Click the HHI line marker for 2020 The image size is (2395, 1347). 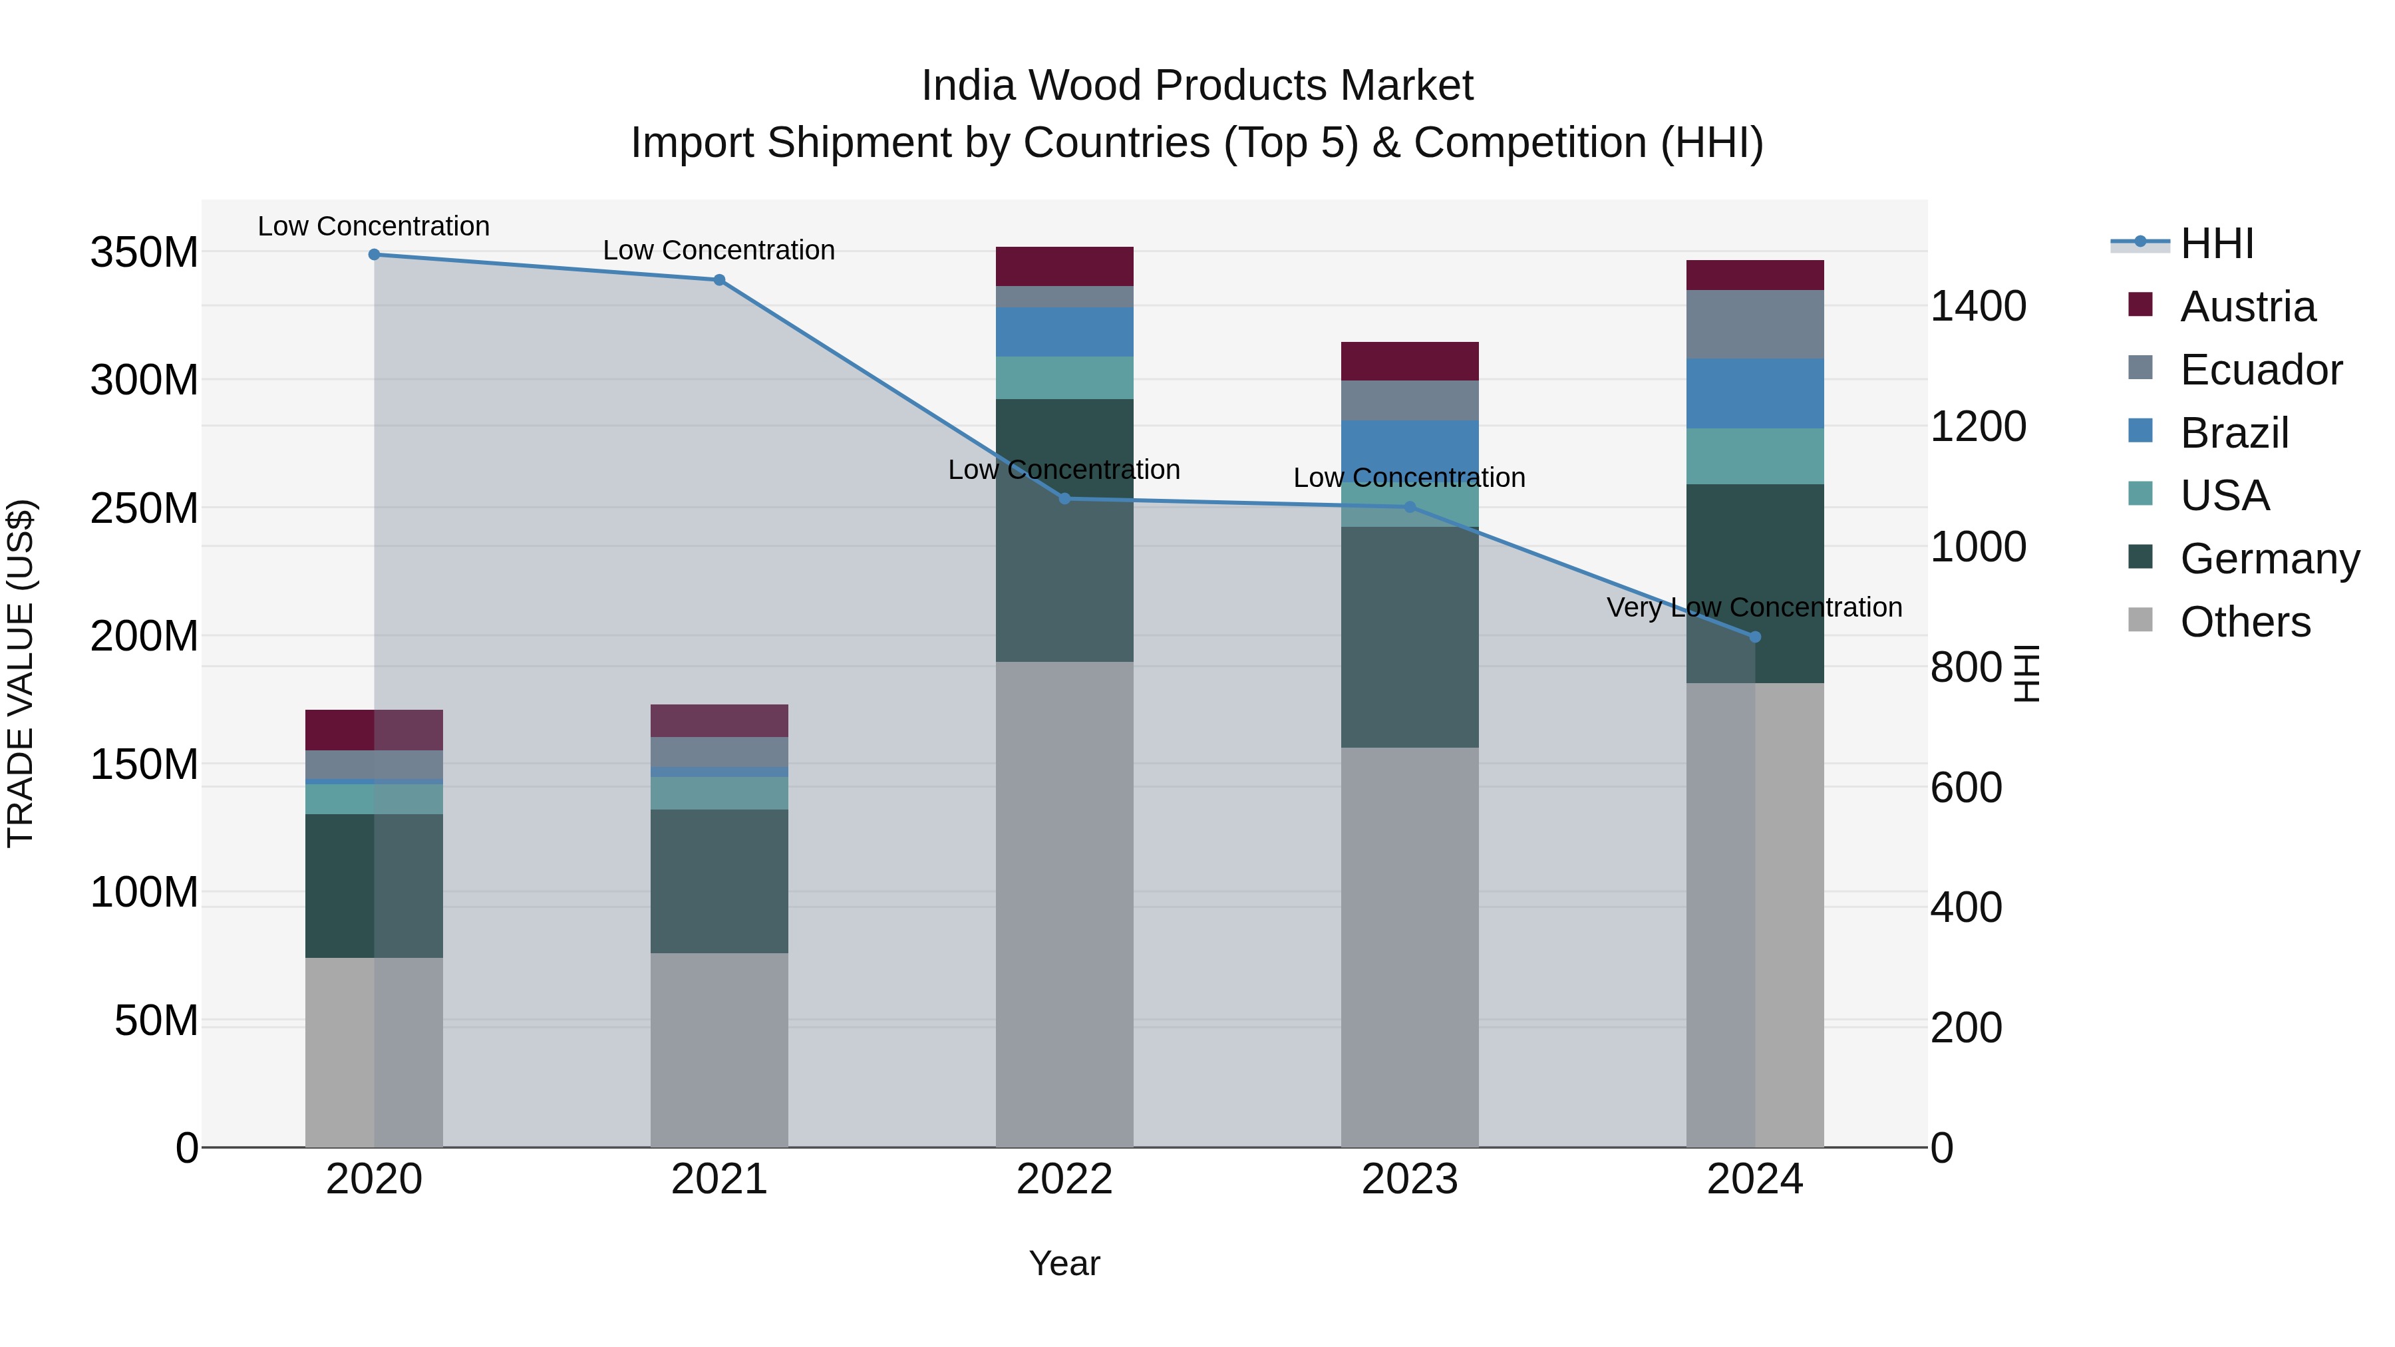374,255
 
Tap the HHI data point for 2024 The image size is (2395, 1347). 1754,637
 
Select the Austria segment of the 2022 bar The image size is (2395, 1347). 1064,266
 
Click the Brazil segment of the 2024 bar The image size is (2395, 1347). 1754,393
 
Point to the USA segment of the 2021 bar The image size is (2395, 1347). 718,793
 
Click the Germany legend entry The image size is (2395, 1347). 2269,559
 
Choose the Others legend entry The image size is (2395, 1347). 2245,622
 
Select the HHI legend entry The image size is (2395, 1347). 2217,243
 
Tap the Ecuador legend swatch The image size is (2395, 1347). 2140,367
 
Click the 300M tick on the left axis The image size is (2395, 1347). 144,380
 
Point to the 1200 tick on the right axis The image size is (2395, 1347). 1979,426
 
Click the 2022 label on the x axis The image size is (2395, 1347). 1064,1179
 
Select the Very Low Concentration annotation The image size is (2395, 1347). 1754,607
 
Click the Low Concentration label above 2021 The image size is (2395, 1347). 718,250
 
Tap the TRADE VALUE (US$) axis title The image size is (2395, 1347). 21,673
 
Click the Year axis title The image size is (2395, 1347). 1064,1263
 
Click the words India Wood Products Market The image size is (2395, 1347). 1197,86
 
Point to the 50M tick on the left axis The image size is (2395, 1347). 156,1020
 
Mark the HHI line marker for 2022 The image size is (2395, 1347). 1064,499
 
